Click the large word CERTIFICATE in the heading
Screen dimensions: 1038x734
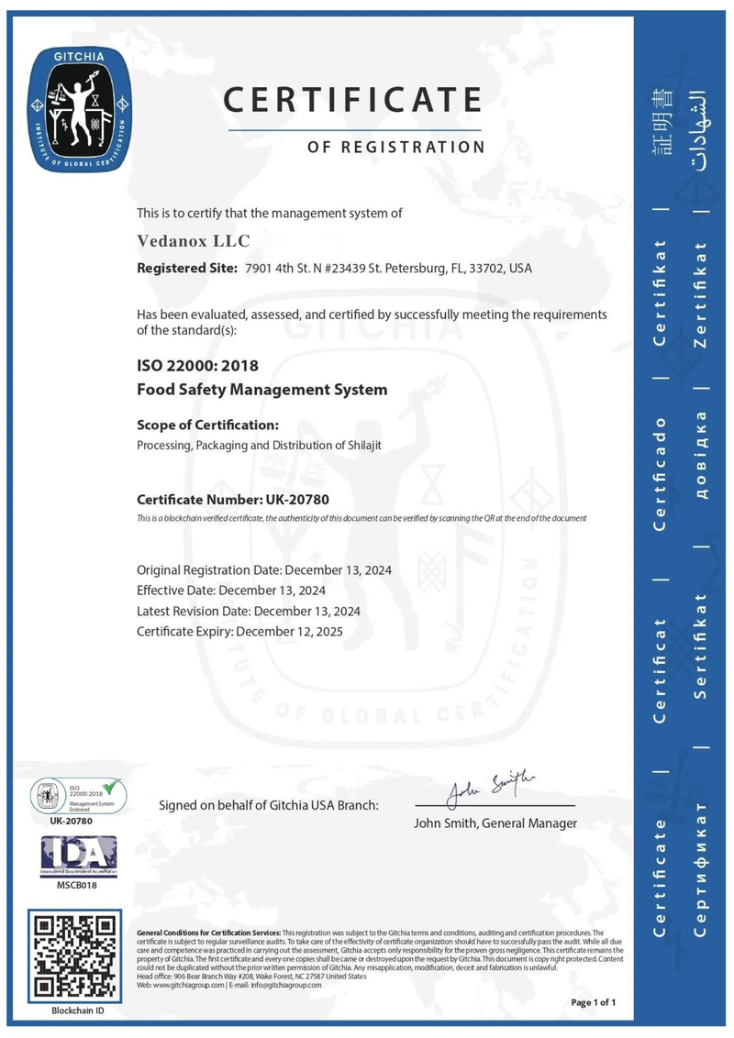click(353, 99)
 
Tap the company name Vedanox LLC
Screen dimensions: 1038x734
click(193, 240)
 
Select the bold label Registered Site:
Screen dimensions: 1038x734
click(187, 269)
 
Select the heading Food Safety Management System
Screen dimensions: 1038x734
click(261, 390)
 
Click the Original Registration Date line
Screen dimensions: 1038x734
click(264, 569)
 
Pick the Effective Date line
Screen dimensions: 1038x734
click(230, 590)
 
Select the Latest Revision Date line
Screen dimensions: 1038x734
click(248, 611)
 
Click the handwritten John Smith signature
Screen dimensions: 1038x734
click(490, 785)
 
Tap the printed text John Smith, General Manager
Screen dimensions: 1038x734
click(495, 823)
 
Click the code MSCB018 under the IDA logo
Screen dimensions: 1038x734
click(78, 885)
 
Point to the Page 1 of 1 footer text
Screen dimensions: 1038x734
click(593, 1002)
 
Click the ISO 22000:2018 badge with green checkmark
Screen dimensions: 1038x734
click(78, 794)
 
